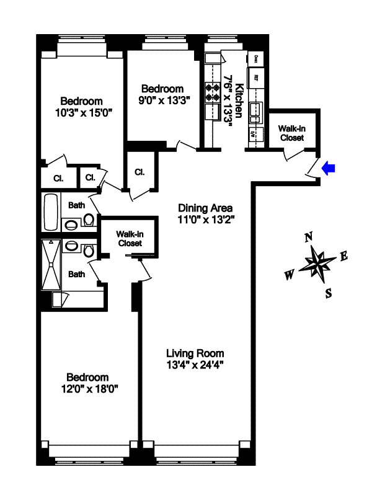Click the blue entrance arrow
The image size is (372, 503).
point(329,167)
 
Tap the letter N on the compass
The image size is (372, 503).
point(309,237)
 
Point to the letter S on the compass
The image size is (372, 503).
point(329,293)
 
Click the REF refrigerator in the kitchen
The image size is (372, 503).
point(256,79)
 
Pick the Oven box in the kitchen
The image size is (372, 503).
point(256,59)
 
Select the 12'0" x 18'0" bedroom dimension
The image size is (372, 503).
point(88,389)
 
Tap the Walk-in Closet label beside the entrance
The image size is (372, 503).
point(291,133)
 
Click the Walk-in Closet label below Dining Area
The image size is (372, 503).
point(130,238)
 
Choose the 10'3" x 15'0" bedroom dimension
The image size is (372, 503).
point(82,113)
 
